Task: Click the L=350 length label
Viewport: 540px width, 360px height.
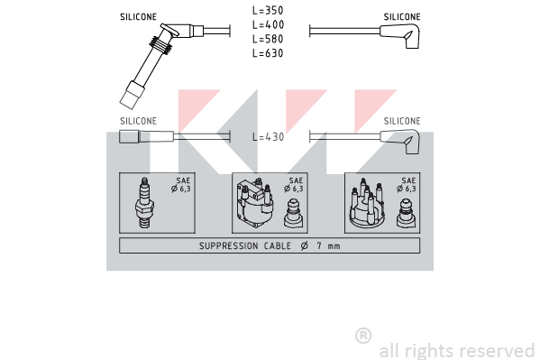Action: [268, 10]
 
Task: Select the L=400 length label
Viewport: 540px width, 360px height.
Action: [268, 25]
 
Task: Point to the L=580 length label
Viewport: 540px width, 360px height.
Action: [268, 39]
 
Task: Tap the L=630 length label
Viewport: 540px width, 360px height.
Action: [268, 53]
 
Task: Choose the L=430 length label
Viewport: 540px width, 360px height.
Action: [269, 137]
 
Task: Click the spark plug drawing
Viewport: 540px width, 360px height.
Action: [144, 203]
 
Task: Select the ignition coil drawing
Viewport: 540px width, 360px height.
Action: [254, 203]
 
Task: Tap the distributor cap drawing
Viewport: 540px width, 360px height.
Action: [367, 202]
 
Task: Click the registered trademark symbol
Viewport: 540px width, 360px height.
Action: [363, 336]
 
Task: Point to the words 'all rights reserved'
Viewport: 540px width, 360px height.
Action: [457, 351]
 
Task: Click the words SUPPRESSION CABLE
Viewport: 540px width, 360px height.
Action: [245, 245]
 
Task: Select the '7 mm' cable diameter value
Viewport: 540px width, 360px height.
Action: [328, 245]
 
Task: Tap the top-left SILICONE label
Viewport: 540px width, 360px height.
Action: [138, 17]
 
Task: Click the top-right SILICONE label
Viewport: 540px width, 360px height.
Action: [402, 17]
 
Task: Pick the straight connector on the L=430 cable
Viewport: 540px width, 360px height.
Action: [146, 136]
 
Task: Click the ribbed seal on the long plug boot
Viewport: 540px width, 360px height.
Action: [160, 45]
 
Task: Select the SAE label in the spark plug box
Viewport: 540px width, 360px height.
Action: [183, 180]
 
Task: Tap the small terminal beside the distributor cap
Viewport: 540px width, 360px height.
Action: [407, 213]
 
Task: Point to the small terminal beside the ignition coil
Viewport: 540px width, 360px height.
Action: [293, 213]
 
